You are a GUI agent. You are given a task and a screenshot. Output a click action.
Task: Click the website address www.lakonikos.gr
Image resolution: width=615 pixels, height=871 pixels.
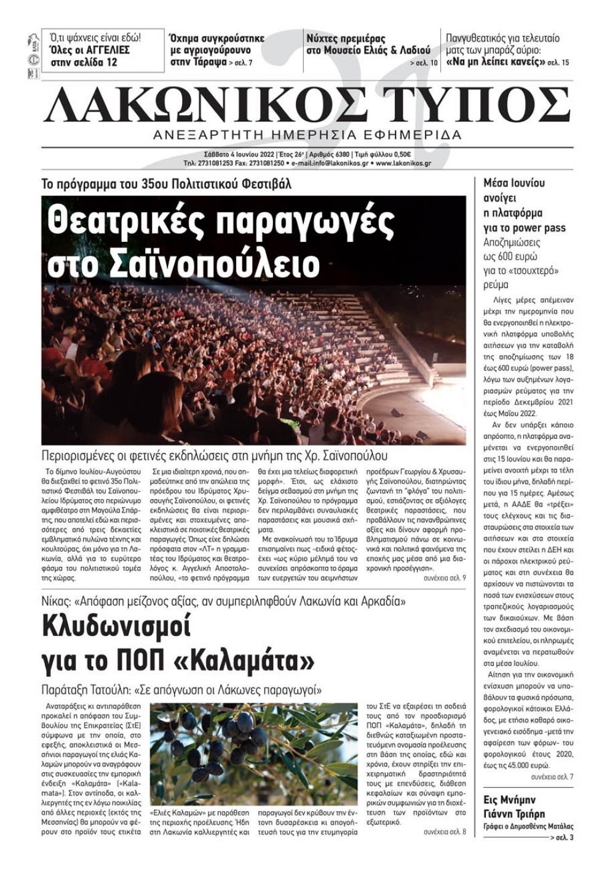click(403, 164)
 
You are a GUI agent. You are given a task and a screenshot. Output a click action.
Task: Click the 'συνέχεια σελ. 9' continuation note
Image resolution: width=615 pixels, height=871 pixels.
click(444, 578)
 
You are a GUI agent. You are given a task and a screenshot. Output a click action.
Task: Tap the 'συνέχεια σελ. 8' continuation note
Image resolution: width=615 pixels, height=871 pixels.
click(444, 832)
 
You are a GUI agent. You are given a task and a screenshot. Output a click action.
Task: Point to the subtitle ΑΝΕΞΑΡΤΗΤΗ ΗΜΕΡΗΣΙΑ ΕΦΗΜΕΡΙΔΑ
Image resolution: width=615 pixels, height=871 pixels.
click(307, 135)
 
